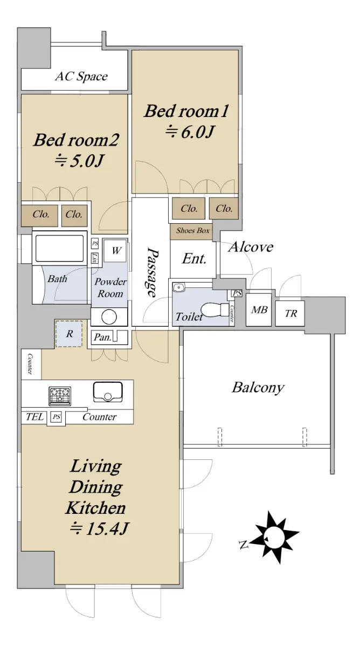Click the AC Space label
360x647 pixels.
(x=81, y=77)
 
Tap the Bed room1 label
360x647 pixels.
(x=186, y=111)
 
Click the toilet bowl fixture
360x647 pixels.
(x=214, y=309)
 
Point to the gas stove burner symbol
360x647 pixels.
(x=60, y=396)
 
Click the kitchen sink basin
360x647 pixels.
(x=108, y=391)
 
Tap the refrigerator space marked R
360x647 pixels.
(x=69, y=334)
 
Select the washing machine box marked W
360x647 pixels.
(x=115, y=250)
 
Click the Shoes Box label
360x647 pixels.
(x=193, y=231)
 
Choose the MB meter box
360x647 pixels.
(x=259, y=309)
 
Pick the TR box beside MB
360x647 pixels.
(x=290, y=313)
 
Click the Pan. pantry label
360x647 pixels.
(x=102, y=338)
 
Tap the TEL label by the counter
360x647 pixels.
(x=34, y=416)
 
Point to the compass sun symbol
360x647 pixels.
(x=274, y=537)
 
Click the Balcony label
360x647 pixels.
(x=258, y=387)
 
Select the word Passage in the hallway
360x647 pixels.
(x=153, y=272)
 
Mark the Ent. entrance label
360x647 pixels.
(x=194, y=259)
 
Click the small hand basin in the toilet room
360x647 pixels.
(x=178, y=288)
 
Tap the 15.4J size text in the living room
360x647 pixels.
(x=99, y=528)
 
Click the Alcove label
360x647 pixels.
(x=251, y=247)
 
